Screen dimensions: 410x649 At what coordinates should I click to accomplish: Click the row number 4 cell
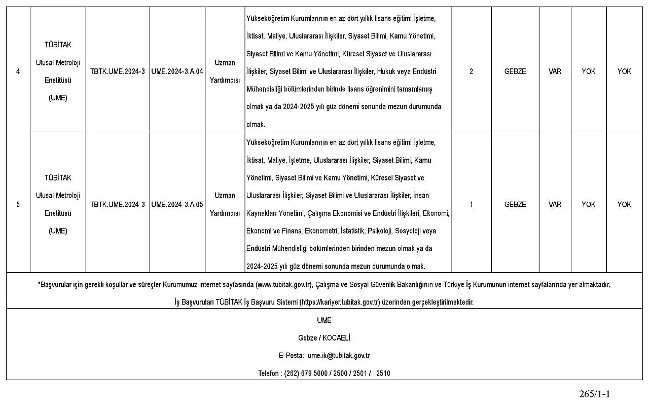18,71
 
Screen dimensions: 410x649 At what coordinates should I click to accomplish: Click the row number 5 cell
18,205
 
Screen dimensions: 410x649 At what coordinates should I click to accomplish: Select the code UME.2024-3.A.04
177,71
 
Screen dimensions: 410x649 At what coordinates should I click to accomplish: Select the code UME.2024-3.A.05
177,205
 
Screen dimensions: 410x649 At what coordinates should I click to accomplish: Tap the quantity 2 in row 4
471,71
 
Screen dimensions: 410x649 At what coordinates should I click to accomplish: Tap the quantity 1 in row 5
471,205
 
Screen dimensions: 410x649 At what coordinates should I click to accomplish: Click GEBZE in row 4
515,71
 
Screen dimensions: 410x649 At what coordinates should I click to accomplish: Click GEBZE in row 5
515,205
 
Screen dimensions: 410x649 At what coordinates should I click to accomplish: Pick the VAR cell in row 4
555,71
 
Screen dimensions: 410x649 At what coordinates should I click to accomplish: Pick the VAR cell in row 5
555,205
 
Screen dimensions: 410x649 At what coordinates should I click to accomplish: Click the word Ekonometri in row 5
321,231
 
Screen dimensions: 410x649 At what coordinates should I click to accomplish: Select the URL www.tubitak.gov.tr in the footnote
283,285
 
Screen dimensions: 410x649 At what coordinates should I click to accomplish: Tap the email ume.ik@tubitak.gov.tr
339,356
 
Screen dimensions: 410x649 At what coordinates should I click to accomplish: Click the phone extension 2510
383,374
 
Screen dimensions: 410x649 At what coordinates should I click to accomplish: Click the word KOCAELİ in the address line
335,338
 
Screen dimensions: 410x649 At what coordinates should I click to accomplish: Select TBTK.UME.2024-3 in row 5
117,205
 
